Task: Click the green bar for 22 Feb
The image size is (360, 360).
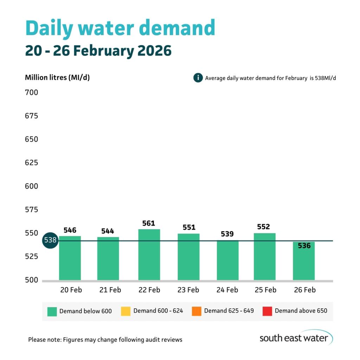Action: coord(149,255)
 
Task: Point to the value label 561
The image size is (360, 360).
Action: coord(149,223)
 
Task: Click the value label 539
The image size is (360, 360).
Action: coord(227,234)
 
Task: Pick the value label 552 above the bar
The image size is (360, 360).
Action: coord(263,227)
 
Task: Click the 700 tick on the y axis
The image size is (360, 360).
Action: coord(31,93)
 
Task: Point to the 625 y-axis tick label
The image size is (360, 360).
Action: coord(31,163)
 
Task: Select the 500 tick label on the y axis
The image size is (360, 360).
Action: coord(31,280)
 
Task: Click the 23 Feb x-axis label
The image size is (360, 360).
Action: coord(188,290)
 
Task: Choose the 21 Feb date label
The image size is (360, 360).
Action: coord(110,290)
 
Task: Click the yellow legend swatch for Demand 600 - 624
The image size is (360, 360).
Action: coord(126,311)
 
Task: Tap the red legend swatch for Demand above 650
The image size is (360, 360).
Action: coord(267,311)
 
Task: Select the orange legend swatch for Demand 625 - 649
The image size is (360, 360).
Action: coord(197,311)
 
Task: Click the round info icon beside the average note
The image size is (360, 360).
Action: coord(198,78)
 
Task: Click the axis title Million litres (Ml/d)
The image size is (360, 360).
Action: coord(57,78)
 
